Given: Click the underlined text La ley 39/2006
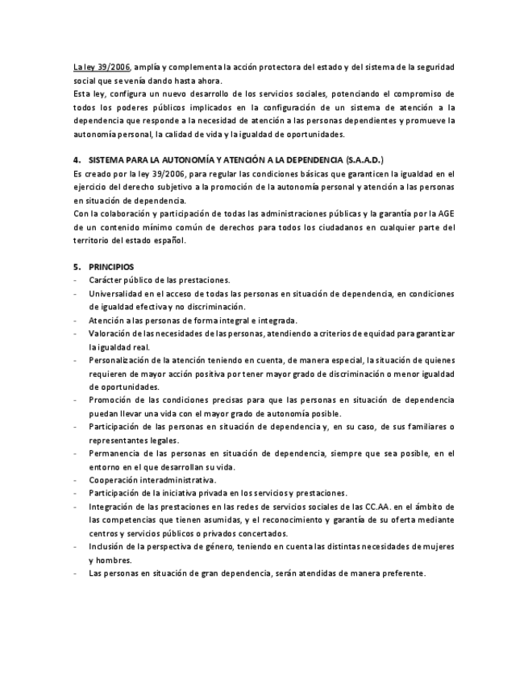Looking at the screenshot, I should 102,67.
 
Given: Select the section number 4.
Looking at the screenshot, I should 76,160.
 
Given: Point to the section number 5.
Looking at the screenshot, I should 76,267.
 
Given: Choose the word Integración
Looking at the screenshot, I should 115,507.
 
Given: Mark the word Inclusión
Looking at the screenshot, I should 110,547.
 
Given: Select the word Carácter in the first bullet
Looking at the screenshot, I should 107,279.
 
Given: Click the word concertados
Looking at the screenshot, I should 246,533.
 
